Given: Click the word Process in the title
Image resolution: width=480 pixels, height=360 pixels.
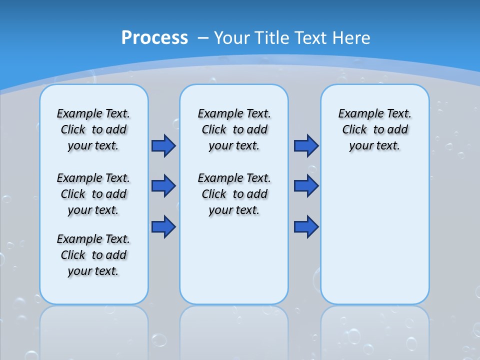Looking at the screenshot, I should tap(154, 38).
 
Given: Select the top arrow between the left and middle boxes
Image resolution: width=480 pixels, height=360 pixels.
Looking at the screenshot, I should tap(163, 145).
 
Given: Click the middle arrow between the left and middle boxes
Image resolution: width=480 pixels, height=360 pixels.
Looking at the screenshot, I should tap(163, 186).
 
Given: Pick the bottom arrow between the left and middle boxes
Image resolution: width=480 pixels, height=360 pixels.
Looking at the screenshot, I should tap(163, 226).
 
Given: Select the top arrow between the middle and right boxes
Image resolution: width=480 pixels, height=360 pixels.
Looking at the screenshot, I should tap(306, 145).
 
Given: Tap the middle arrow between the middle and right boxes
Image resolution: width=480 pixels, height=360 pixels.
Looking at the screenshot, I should tap(306, 186).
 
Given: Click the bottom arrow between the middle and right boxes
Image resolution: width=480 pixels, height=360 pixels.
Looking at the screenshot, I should tap(306, 226).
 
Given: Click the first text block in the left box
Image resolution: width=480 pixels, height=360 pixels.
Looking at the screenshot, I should tap(93, 129).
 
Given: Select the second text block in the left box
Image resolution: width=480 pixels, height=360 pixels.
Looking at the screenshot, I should tap(93, 194).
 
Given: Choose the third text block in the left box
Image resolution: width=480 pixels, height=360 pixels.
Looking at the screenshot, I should tap(93, 255).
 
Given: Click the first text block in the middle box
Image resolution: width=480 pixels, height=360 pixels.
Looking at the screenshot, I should tap(234, 129).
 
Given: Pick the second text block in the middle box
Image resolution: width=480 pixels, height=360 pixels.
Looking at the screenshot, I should tap(234, 194).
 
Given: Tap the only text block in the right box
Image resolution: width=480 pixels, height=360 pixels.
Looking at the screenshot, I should tap(374, 129).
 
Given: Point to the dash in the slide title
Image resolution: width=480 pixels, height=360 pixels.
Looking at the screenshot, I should tap(203, 38).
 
